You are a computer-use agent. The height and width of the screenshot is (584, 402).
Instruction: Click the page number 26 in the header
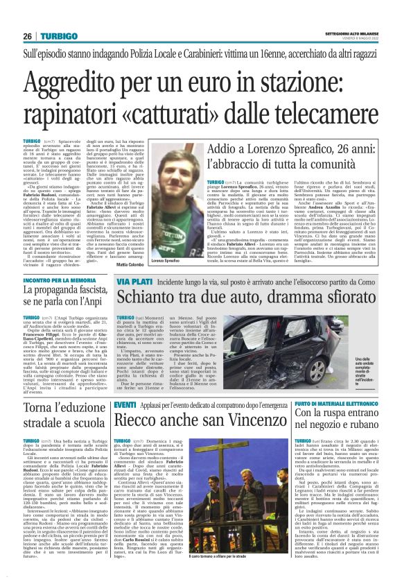pos(27,36)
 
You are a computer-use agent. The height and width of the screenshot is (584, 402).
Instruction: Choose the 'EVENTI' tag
pos(125,404)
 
